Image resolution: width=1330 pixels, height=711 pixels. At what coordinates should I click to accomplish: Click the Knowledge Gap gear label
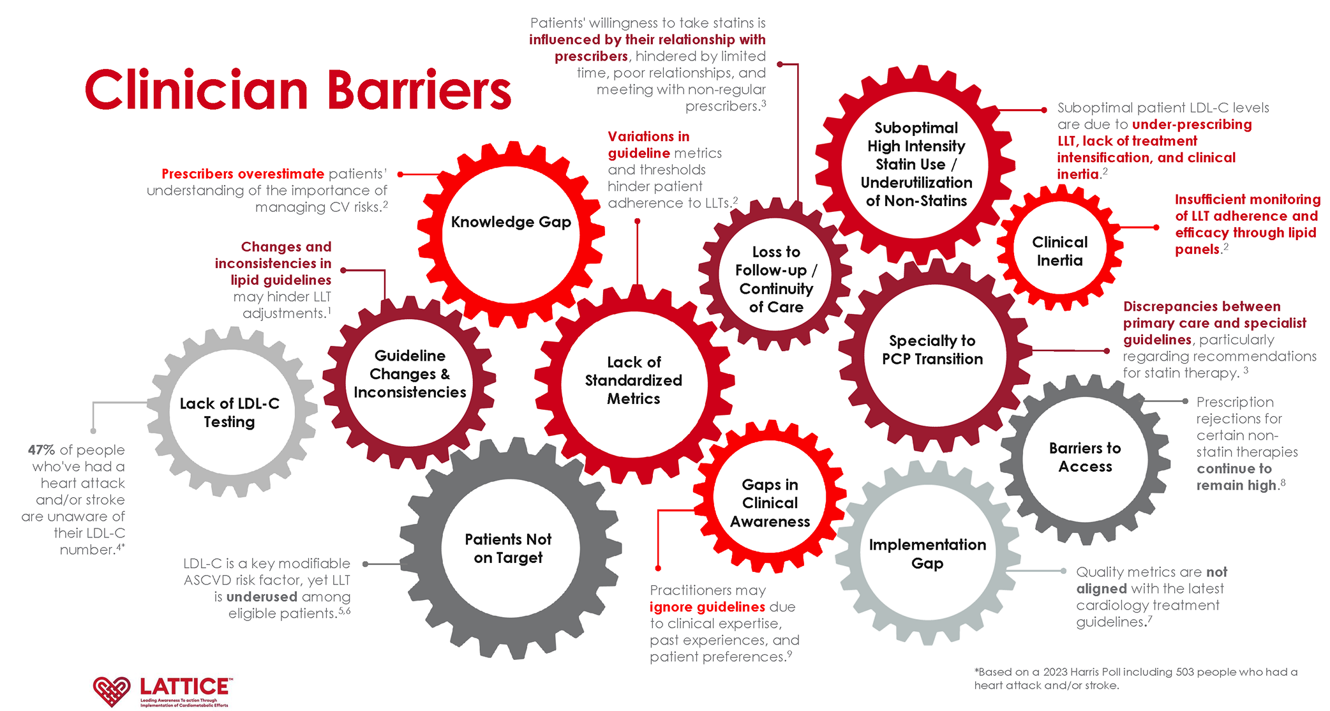coord(511,222)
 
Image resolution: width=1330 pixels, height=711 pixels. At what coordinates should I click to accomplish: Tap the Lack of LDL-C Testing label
coord(229,412)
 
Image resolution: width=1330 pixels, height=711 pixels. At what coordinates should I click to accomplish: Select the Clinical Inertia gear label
coord(1059,251)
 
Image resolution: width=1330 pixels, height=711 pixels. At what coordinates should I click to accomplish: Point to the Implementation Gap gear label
coord(927,554)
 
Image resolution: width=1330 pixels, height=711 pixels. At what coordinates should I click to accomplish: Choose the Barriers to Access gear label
coord(1085,457)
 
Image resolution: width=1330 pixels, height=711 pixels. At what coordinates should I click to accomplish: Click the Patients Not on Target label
coord(508,548)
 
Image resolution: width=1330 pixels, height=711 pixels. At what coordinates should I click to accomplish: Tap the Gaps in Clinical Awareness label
coord(770,503)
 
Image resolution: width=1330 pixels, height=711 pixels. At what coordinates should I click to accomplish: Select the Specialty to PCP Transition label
coord(932,350)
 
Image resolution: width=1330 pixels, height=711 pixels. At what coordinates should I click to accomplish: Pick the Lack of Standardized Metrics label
coord(633,380)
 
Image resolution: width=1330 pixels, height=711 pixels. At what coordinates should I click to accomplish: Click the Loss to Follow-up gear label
coord(775,280)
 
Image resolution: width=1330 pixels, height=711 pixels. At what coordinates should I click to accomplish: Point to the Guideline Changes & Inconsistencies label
coord(410,374)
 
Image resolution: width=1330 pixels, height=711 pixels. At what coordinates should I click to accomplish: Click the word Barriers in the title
coord(419,91)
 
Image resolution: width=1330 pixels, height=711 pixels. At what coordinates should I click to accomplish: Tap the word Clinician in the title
coord(197,91)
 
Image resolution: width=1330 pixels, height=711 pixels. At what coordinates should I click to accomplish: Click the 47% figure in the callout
coord(41,450)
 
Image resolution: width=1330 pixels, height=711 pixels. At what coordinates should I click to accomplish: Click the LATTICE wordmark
coord(185,687)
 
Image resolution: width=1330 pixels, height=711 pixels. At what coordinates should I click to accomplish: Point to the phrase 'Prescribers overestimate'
coord(243,174)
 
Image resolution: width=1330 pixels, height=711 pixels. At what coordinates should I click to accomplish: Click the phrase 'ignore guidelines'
coord(707,607)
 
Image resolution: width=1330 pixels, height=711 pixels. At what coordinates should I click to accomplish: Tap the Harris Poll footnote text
coord(1135,678)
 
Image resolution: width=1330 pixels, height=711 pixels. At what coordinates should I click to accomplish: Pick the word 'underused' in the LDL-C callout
coord(262,597)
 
